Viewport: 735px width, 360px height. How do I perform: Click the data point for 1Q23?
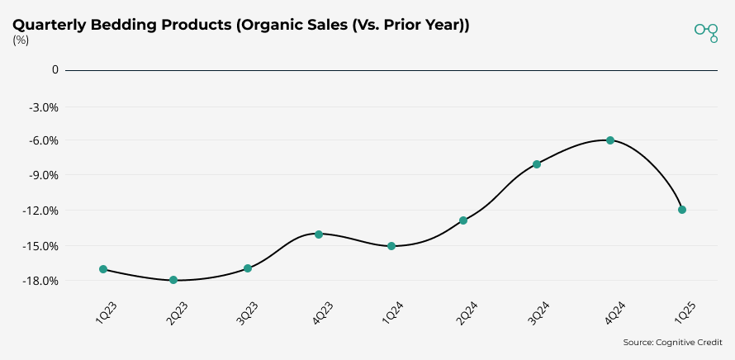point(103,269)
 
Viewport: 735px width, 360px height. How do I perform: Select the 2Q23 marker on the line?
point(173,280)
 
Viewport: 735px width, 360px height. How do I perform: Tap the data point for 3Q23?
point(248,268)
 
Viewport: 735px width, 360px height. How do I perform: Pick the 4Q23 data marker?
point(319,234)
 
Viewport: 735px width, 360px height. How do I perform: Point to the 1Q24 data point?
point(391,246)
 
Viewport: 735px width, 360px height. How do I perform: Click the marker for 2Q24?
point(463,220)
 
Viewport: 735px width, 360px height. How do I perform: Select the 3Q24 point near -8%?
point(537,164)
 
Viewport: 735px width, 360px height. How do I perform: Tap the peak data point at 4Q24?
point(610,140)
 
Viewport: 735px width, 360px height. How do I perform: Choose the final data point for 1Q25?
point(682,210)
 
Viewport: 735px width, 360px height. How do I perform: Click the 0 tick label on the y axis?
point(55,70)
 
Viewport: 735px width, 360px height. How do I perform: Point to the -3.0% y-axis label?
point(44,107)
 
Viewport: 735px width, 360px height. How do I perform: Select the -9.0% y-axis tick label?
point(44,175)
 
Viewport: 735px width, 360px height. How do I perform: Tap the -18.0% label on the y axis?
point(41,281)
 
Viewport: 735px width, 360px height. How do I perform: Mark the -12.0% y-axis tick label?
point(41,211)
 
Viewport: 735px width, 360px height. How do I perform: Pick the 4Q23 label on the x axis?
point(322,315)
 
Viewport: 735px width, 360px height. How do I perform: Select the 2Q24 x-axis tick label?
point(467,315)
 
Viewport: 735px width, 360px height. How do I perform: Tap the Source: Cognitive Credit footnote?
point(672,342)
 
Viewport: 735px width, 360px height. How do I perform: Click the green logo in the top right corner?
point(707,31)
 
